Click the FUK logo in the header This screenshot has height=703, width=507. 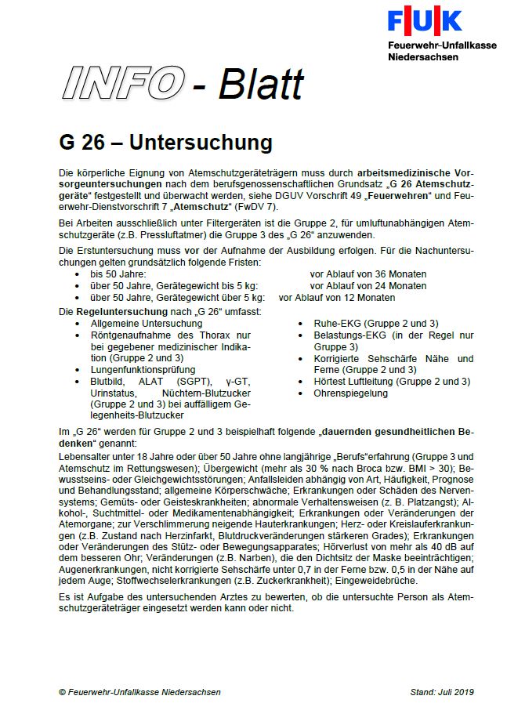[x=424, y=20]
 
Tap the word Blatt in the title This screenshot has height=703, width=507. [x=260, y=84]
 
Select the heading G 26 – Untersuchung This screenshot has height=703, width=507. [x=165, y=143]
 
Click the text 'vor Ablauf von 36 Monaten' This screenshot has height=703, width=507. [x=368, y=274]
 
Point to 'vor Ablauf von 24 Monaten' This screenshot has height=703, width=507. [x=368, y=286]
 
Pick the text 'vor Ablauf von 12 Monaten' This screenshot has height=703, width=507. [x=337, y=298]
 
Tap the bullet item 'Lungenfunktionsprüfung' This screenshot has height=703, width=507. [x=143, y=369]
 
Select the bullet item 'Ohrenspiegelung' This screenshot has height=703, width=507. [x=351, y=393]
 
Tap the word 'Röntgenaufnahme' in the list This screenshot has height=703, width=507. [x=129, y=335]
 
